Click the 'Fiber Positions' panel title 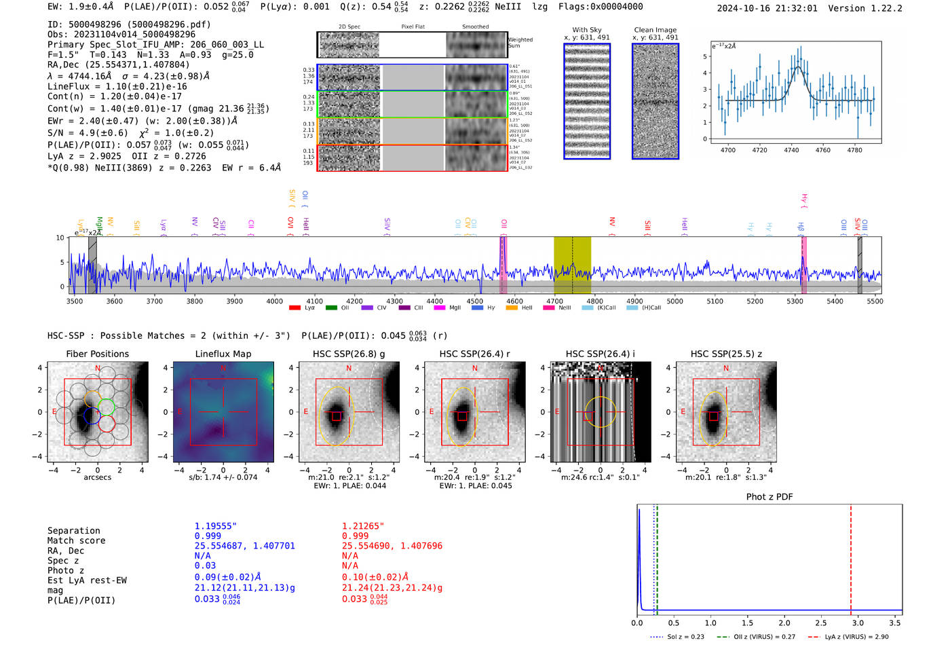97,354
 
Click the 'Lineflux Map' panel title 223,354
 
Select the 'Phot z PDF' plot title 769,497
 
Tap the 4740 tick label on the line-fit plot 791,150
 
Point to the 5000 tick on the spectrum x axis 674,301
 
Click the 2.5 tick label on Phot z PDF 821,623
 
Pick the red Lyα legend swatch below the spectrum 294,308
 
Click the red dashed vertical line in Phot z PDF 851,557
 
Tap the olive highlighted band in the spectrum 572,265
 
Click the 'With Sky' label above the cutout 587,30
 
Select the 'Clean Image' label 655,30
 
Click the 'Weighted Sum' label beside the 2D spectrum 520,43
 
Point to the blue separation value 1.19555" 215,526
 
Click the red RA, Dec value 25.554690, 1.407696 392,546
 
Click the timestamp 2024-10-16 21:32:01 767,8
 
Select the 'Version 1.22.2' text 865,8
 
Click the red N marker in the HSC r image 474,369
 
